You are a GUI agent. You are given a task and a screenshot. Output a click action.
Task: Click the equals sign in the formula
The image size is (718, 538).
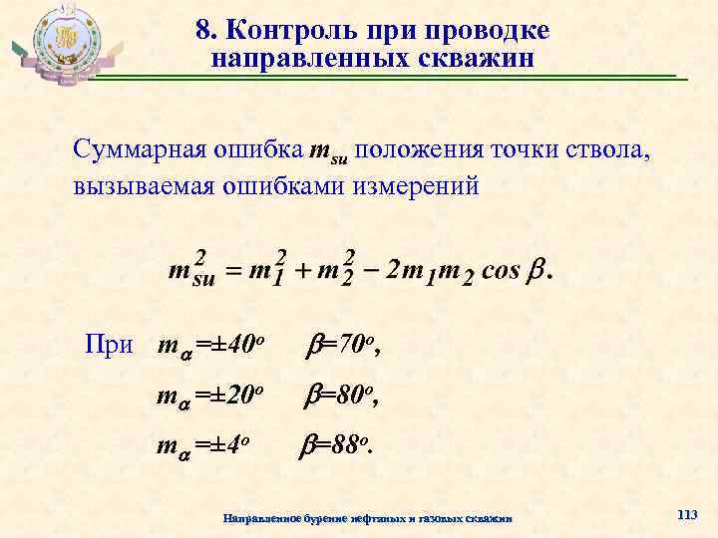point(231,272)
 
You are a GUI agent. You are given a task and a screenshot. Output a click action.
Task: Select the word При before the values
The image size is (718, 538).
point(108,346)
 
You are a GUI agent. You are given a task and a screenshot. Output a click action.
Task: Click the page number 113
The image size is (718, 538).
point(686,514)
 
